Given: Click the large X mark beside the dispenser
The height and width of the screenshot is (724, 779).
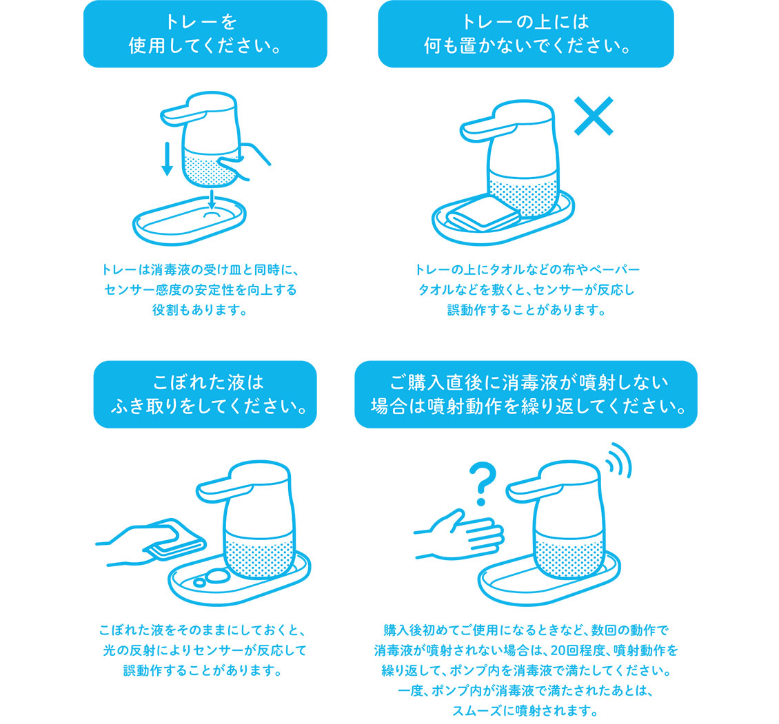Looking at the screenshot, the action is click(594, 116).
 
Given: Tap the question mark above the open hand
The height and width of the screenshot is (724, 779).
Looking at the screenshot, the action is click(483, 484).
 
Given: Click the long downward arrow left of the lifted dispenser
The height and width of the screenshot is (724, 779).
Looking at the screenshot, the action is click(168, 159).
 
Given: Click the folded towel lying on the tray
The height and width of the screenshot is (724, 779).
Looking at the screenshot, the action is click(483, 214).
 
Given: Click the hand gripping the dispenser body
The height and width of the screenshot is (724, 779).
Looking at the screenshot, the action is click(243, 161).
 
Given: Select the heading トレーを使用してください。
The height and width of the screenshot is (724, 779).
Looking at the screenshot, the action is click(205, 34).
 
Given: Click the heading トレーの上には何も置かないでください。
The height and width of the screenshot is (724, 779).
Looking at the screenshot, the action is click(526, 34).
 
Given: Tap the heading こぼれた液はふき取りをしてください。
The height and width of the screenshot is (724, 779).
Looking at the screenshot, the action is click(205, 394).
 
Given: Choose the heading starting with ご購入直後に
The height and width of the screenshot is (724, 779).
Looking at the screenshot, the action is click(526, 394).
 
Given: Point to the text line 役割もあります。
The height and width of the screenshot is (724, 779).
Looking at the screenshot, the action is click(200, 310).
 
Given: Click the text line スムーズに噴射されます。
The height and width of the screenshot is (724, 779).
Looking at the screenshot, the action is click(525, 711).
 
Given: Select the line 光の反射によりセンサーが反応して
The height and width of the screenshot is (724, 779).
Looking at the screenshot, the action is click(204, 650).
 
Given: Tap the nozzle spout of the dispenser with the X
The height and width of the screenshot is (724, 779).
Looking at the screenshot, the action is click(479, 129).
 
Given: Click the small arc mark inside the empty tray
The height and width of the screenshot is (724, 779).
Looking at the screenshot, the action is click(212, 214).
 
